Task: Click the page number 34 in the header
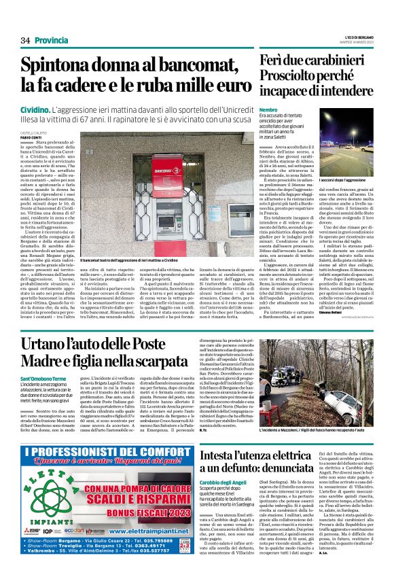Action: click(26, 40)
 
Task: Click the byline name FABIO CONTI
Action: click(32, 137)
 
